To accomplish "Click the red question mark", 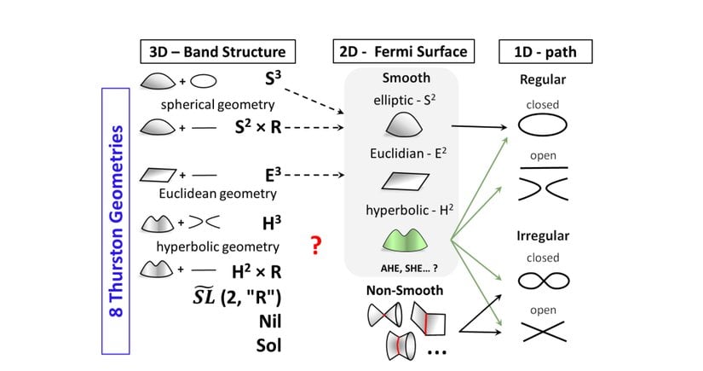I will pyautogui.click(x=315, y=246).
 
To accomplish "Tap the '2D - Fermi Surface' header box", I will pyautogui.click(x=400, y=51).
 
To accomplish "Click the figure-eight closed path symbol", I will pyautogui.click(x=543, y=281).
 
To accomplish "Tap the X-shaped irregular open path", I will pyautogui.click(x=543, y=331).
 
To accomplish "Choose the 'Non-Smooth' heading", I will pyautogui.click(x=404, y=290).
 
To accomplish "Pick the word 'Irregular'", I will pyautogui.click(x=543, y=235).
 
